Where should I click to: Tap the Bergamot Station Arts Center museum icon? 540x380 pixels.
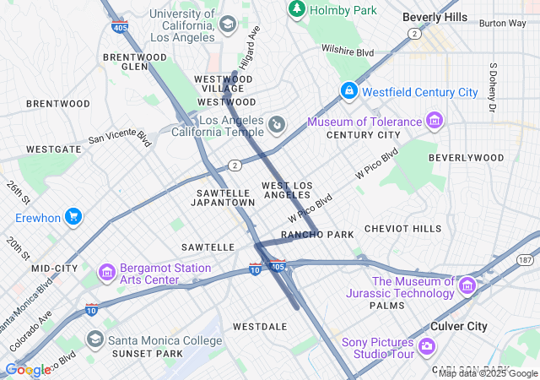107,273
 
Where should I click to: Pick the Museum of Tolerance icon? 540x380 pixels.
434,122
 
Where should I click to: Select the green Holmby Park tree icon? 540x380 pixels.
296,9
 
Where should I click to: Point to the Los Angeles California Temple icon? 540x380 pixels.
276,127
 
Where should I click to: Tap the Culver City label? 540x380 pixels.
459,326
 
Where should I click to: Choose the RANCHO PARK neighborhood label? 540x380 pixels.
317,234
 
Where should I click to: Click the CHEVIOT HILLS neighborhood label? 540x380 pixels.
402,229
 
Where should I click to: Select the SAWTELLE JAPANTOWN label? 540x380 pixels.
223,198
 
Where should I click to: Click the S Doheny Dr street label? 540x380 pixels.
492,87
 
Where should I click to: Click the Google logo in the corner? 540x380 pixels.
28,369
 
